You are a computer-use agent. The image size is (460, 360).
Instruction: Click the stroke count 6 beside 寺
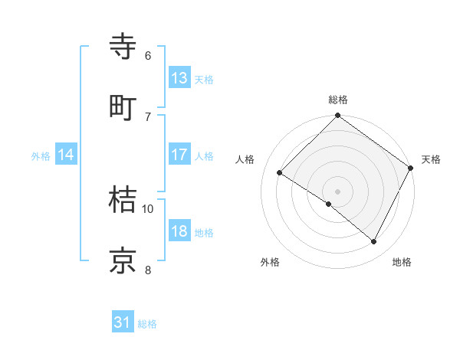(147, 56)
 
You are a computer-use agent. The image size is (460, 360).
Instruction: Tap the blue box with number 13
(179, 78)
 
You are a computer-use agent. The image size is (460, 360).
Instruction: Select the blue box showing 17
(179, 155)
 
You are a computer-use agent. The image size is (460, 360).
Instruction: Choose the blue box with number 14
(66, 155)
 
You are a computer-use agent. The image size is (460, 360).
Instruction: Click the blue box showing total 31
(123, 322)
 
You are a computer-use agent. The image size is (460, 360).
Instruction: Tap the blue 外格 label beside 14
(41, 156)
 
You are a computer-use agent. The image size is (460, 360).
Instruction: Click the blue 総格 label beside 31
(147, 324)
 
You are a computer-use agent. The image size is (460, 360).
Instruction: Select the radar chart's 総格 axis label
(338, 100)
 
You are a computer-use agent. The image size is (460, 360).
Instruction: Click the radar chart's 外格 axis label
(270, 262)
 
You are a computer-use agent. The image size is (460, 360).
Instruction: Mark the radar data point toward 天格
(411, 168)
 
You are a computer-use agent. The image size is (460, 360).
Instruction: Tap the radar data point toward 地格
(374, 242)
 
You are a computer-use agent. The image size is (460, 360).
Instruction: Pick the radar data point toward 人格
(280, 173)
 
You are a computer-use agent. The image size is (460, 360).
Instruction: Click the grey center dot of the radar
(338, 191)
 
